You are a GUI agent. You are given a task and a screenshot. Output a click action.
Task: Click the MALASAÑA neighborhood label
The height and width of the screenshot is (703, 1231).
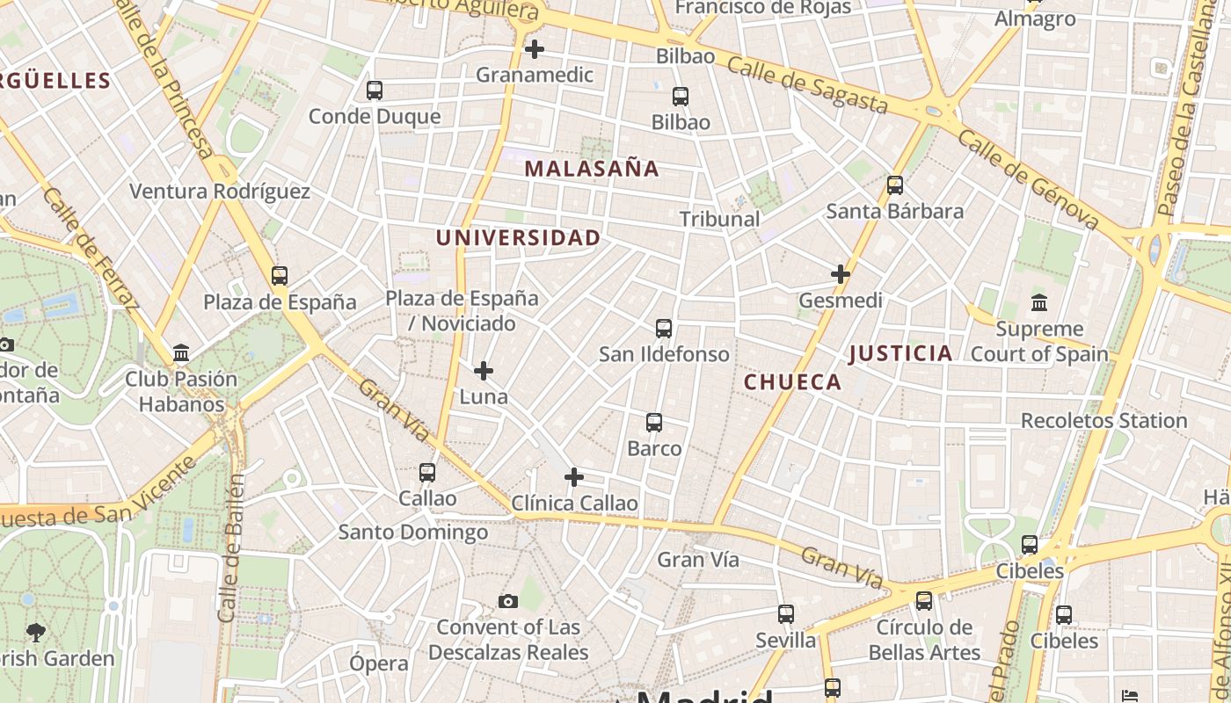pos(592,169)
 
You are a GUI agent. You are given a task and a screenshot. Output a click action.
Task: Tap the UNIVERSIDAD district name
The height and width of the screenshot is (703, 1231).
pos(519,237)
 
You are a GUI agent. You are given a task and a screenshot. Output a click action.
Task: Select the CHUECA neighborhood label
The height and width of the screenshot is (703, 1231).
pos(792,381)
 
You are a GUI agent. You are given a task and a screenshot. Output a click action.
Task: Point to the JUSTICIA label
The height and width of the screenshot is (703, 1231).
pos(901,353)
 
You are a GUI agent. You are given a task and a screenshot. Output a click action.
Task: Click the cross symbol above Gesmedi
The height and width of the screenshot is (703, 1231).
pos(841,274)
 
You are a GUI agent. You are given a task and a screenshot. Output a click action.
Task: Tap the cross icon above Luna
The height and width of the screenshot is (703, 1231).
pos(484,371)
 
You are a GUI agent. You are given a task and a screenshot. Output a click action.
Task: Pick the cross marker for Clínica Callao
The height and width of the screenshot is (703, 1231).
pos(574,477)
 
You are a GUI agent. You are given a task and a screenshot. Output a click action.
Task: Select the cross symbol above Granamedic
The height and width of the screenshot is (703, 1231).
pos(534,49)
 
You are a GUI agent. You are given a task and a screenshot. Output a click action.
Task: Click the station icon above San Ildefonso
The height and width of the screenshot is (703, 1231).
pos(664,329)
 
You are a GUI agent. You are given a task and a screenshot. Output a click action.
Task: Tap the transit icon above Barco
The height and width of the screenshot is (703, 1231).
pos(654,423)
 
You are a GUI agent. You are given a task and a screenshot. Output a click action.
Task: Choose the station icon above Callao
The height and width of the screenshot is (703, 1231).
pos(427,473)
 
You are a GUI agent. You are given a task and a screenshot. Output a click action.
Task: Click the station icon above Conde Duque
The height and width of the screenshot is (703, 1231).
pos(375,90)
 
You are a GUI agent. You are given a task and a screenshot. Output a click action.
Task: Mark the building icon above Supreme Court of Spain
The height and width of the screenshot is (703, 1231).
pos(1039,303)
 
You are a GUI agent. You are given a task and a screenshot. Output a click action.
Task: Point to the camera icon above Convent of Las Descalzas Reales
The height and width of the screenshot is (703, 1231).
pos(508,602)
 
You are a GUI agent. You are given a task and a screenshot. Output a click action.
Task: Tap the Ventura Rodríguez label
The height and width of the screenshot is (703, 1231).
pos(220,192)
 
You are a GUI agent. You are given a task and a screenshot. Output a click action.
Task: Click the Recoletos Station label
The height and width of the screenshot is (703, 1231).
pos(1104,420)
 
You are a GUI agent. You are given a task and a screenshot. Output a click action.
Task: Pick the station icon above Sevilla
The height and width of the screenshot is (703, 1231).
pos(786,614)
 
